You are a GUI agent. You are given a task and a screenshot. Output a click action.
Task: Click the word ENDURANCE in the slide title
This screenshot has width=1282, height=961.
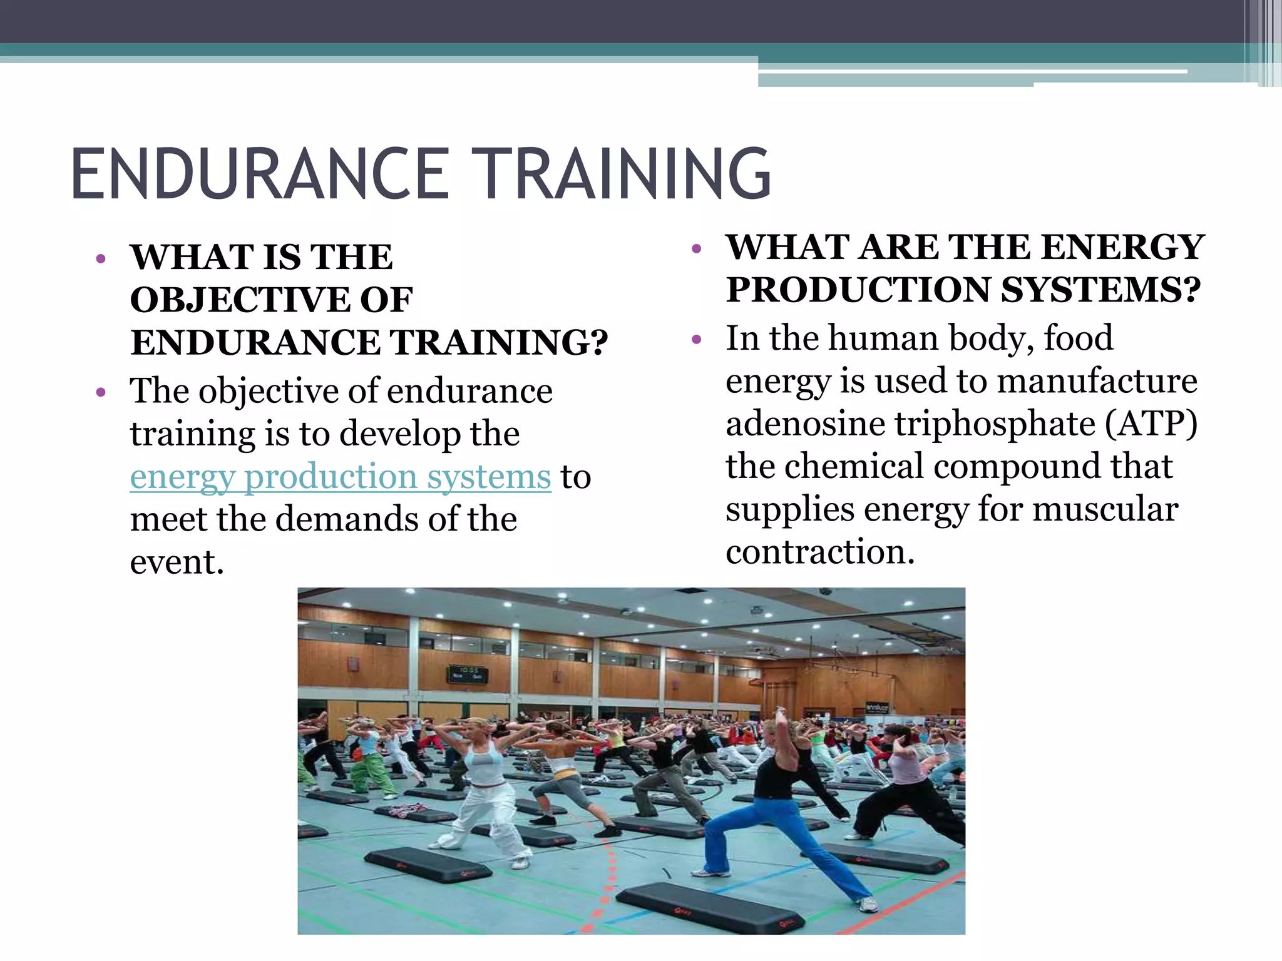point(260,173)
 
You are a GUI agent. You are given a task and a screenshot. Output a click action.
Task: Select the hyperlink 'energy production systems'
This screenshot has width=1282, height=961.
point(340,477)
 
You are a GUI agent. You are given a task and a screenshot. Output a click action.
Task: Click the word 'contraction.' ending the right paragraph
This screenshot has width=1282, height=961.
point(820,552)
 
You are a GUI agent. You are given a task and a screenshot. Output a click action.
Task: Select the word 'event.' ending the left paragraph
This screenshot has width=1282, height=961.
point(177,562)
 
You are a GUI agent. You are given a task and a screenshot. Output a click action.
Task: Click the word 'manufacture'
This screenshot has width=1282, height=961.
point(1097,381)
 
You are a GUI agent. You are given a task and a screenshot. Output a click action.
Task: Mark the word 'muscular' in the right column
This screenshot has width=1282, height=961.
point(1105,509)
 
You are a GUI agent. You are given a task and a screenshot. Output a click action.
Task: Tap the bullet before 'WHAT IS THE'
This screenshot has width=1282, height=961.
point(101,259)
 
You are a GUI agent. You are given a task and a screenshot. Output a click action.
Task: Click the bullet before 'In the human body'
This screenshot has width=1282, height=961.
point(697,340)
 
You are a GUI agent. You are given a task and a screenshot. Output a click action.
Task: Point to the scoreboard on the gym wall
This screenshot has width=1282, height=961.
point(467,673)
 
